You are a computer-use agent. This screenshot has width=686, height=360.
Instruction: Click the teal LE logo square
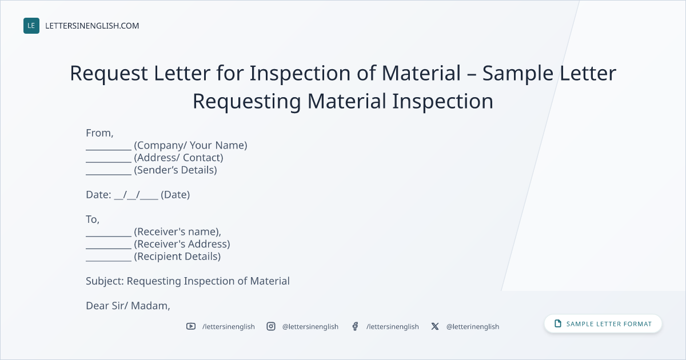pos(31,26)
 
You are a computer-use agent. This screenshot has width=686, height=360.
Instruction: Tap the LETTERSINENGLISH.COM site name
pos(92,26)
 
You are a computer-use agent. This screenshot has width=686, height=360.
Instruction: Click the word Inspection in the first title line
pos(300,74)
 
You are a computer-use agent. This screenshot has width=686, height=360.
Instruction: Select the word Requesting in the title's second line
pos(247,102)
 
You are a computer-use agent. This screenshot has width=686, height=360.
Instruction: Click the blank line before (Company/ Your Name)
pos(109,150)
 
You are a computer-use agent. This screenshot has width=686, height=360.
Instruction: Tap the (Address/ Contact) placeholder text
pos(178,158)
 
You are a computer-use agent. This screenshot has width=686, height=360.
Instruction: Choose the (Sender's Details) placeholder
pos(176,170)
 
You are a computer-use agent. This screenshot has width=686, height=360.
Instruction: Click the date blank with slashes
pos(136,195)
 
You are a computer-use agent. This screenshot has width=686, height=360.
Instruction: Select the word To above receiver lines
pos(91,219)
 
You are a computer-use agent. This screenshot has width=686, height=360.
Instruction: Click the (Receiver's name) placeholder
pos(177,232)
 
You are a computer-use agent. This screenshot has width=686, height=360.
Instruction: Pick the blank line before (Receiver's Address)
pos(109,248)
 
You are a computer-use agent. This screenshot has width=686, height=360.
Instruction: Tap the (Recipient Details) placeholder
pos(177,257)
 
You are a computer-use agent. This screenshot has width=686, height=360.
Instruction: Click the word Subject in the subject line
pos(103,281)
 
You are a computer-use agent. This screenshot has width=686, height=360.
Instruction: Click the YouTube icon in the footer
pos(191,326)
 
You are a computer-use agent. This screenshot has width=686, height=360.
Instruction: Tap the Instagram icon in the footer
pos(271,326)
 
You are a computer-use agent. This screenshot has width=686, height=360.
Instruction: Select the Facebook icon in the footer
pos(355,326)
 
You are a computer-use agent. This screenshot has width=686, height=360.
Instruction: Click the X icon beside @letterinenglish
pos(435,326)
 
